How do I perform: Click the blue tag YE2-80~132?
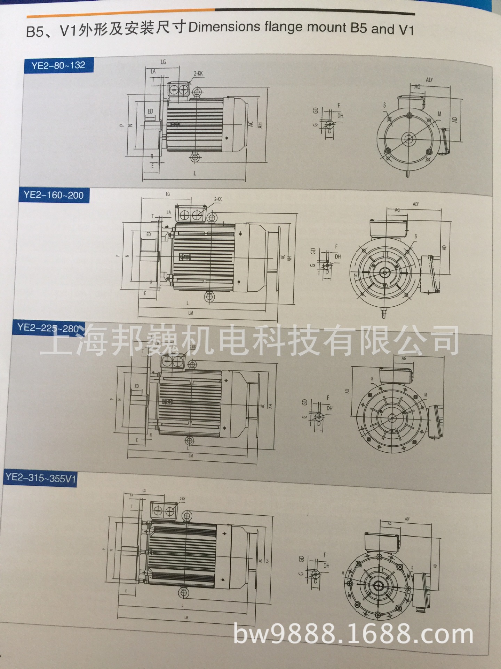pyautogui.click(x=58, y=66)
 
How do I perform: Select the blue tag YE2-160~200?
pyautogui.click(x=54, y=195)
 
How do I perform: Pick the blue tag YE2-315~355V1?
pyautogui.click(x=40, y=478)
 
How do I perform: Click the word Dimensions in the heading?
pyautogui.click(x=224, y=27)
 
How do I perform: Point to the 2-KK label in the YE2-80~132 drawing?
pyautogui.click(x=198, y=74)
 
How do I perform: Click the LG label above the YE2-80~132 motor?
pyautogui.click(x=163, y=62)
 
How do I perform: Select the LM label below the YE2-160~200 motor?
pyautogui.click(x=191, y=313)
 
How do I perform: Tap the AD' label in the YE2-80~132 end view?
pyautogui.click(x=429, y=80)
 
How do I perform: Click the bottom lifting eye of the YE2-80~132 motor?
pyautogui.click(x=195, y=158)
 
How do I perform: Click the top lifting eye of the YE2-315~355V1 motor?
pyautogui.click(x=188, y=516)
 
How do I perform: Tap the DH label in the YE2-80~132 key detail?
pyautogui.click(x=340, y=116)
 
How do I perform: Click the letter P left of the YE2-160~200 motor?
pyautogui.click(x=118, y=255)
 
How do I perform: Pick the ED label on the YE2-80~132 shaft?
pyautogui.click(x=150, y=111)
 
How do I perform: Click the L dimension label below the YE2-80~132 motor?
pyautogui.click(x=195, y=173)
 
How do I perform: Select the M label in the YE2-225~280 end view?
pyautogui.click(x=426, y=395)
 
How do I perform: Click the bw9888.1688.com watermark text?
pyautogui.click(x=353, y=635)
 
